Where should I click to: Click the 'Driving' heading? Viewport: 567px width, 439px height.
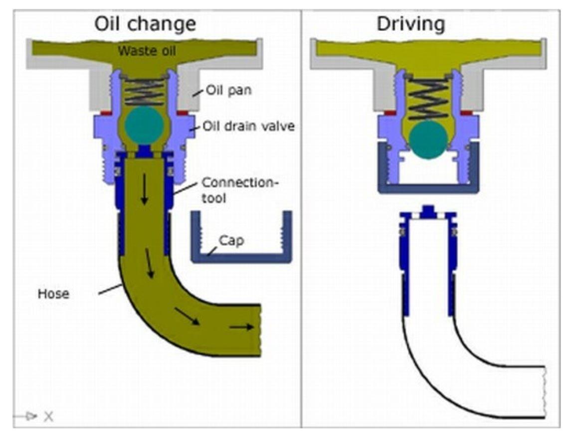pos(410,23)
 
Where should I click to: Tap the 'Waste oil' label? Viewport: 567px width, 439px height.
pos(146,50)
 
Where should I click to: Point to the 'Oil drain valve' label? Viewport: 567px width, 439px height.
pos(248,127)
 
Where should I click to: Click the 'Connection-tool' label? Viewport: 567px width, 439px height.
pos(240,190)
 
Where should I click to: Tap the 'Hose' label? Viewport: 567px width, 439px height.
pos(53,293)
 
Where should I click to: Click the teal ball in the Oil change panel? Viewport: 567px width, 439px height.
pos(144,125)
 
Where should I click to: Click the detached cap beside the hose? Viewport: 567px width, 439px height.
pos(241,255)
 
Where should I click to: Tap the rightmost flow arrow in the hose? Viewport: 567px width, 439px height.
pos(241,327)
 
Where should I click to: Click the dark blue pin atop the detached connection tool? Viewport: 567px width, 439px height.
pos(427,210)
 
